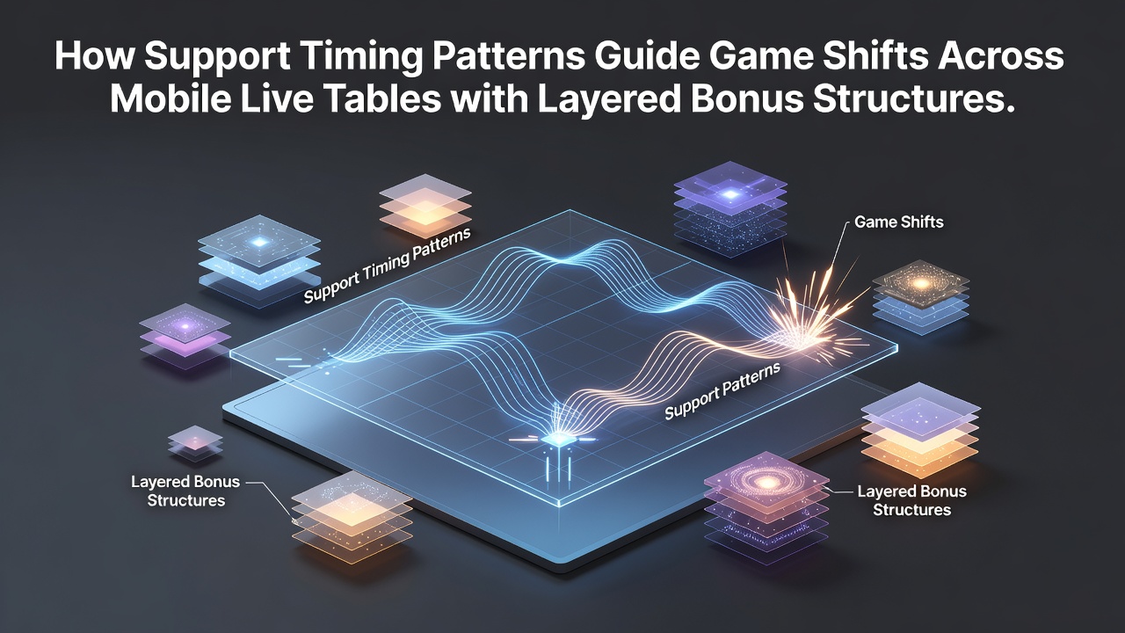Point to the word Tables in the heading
click(383, 99)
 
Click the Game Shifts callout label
click(899, 222)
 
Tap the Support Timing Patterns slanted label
click(388, 266)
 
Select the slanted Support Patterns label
click(722, 391)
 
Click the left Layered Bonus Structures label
click(185, 491)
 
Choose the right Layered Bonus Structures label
click(911, 500)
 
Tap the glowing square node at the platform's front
click(554, 440)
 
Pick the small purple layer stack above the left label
click(195, 443)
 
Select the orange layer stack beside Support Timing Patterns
click(425, 206)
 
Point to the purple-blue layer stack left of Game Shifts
click(730, 209)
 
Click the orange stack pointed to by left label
click(352, 518)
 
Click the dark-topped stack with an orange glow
click(920, 297)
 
